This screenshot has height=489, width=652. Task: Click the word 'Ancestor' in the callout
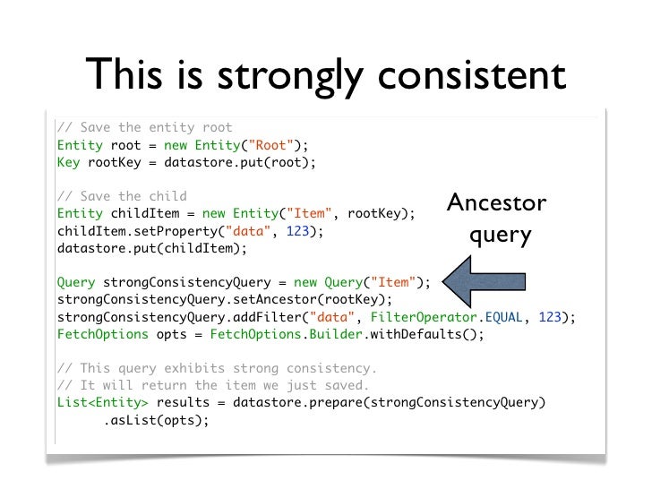[496, 203]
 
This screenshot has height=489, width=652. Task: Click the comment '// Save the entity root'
[144, 127]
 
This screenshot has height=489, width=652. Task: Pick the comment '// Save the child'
[122, 196]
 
